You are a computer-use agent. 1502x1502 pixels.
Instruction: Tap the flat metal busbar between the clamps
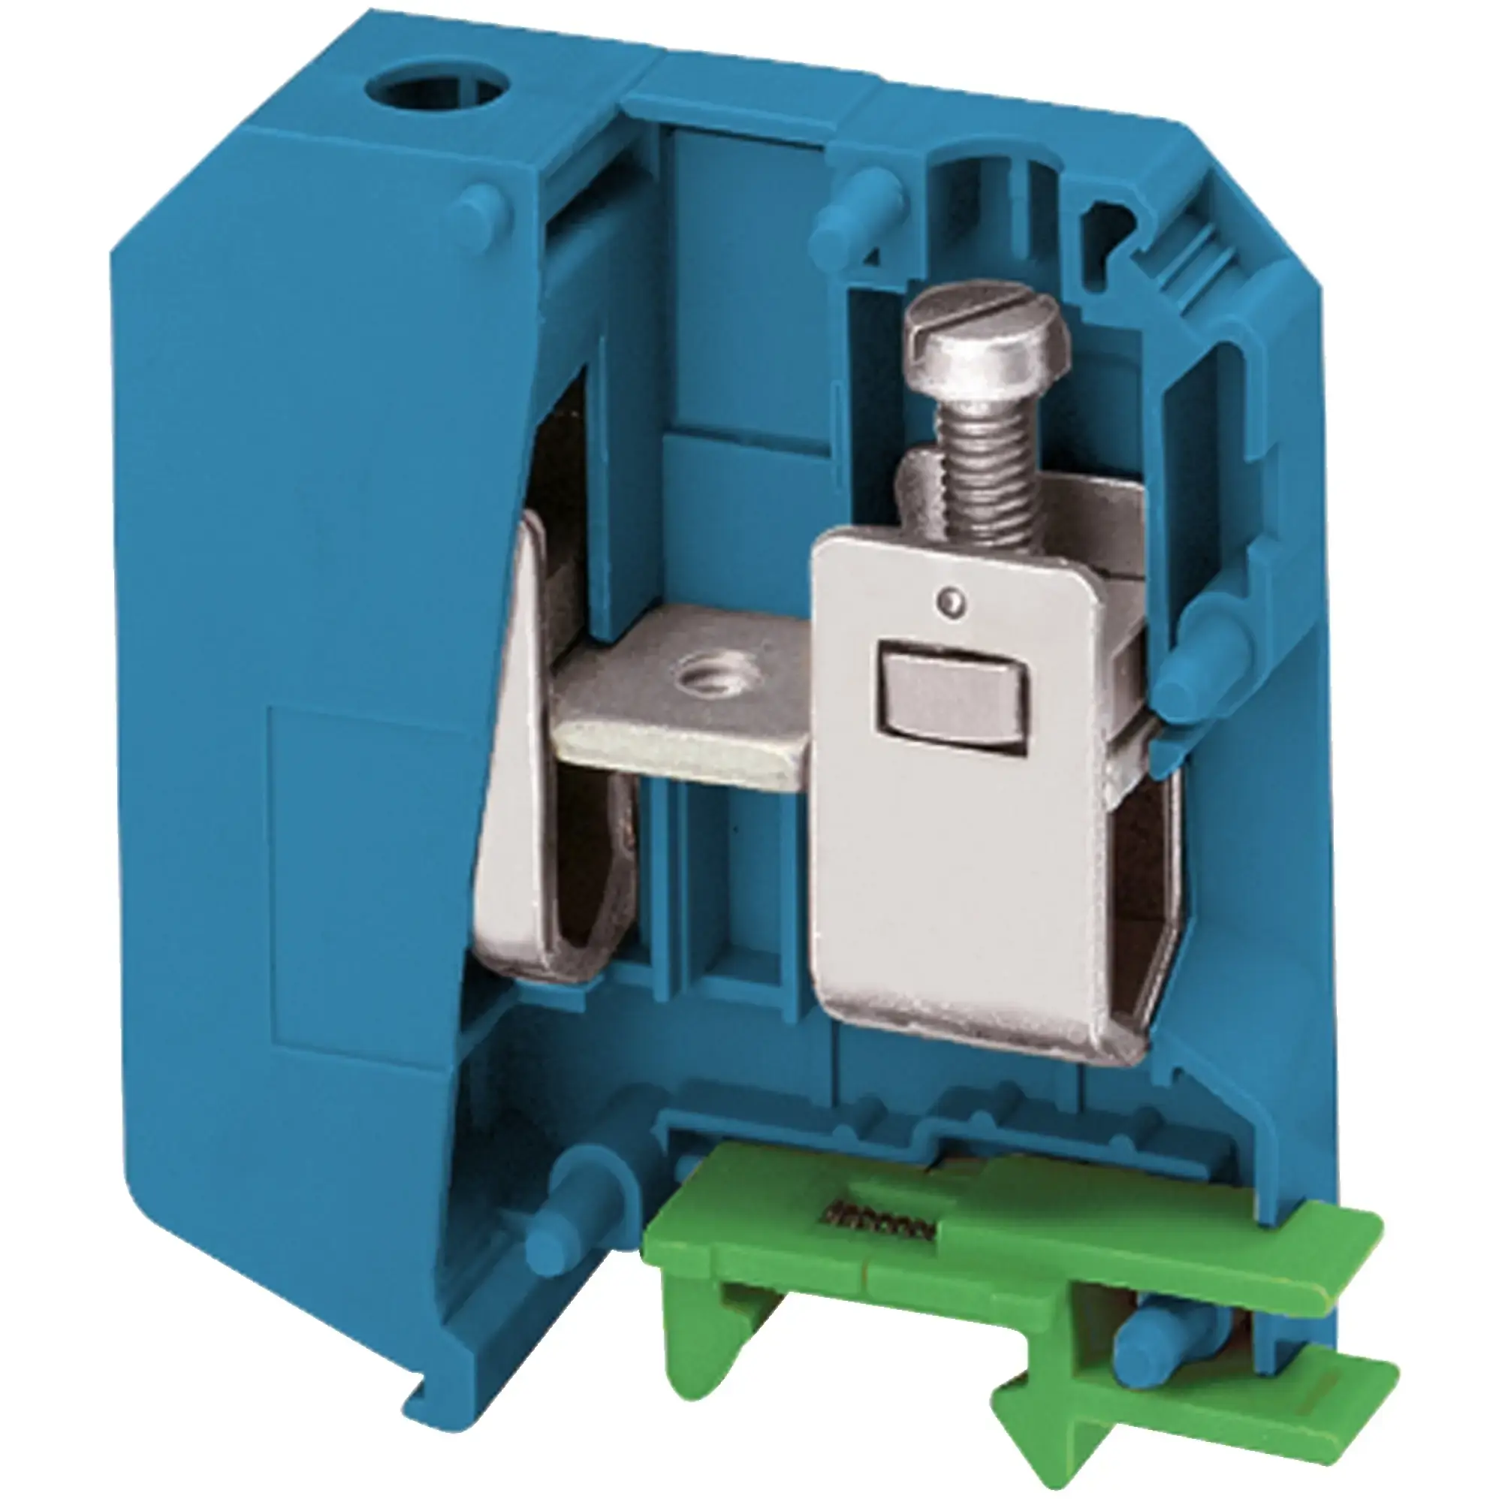684,700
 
